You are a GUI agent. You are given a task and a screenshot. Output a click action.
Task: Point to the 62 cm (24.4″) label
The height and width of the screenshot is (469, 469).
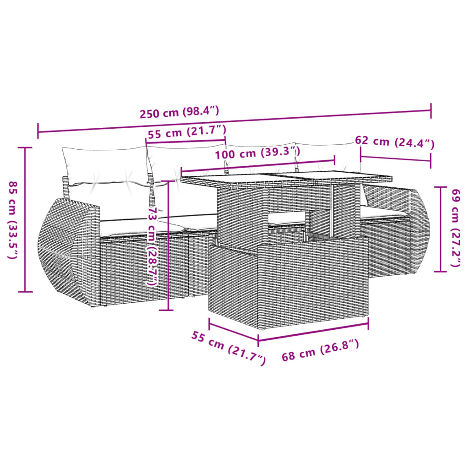pyautogui.click(x=394, y=142)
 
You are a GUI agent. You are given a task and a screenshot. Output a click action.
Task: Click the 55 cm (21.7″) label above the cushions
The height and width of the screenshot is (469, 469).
pyautogui.click(x=187, y=133)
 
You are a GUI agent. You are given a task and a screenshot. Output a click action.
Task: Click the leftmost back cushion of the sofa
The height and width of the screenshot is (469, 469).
pyautogui.click(x=104, y=165)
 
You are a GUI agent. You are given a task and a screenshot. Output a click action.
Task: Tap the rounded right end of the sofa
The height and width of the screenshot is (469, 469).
pyautogui.click(x=419, y=234)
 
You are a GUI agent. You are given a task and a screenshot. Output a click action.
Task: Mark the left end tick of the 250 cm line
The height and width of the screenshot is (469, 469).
pyautogui.click(x=38, y=131)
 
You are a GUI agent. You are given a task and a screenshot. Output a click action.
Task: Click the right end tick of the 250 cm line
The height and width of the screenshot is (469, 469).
pyautogui.click(x=431, y=110)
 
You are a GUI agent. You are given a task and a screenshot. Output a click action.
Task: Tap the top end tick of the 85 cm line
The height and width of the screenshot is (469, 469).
pyautogui.click(x=25, y=147)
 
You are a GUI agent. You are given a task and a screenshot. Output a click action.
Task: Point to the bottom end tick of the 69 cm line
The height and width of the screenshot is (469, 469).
pyautogui.click(x=440, y=271)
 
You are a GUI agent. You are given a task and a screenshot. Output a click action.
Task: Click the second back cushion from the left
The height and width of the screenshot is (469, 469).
pyautogui.click(x=183, y=163)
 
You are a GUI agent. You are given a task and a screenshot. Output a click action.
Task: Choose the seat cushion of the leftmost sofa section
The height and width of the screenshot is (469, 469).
pyautogui.click(x=137, y=224)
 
